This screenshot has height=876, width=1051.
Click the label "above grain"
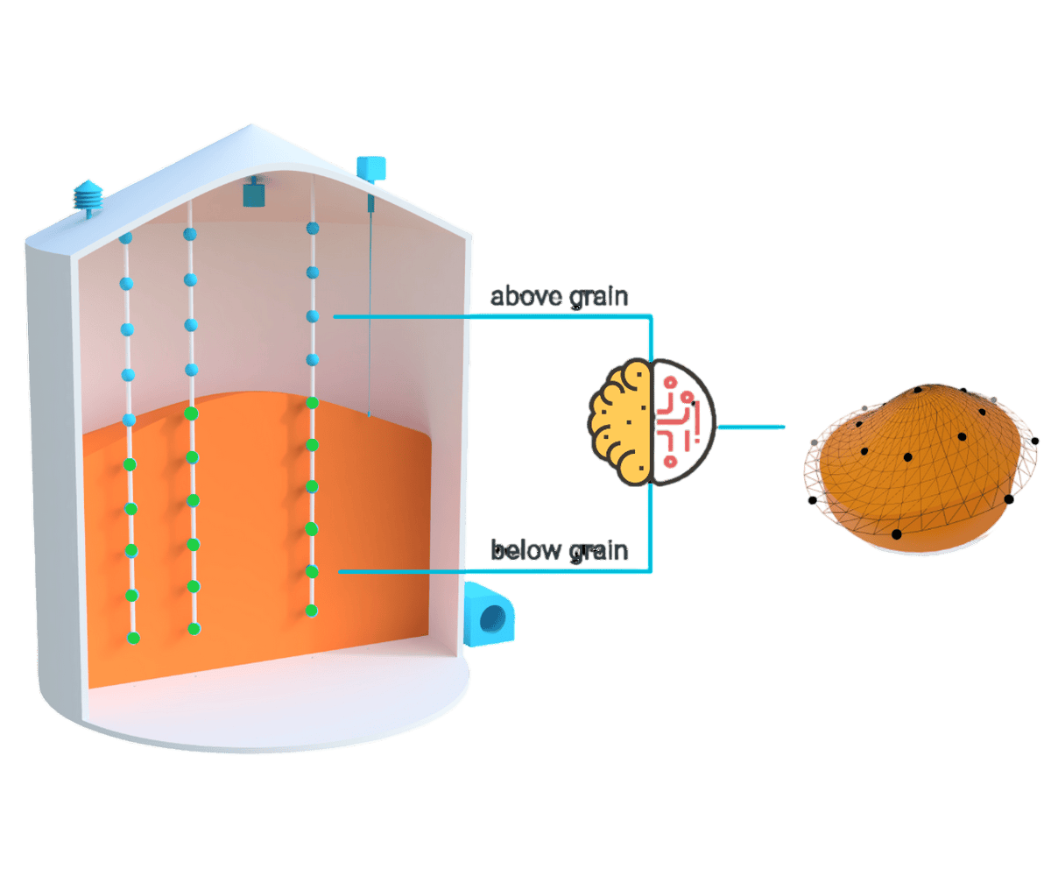[x=559, y=298]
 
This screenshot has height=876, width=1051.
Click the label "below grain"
[x=559, y=552]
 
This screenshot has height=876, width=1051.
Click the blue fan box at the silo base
[x=491, y=616]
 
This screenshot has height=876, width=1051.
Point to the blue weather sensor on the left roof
[x=88, y=194]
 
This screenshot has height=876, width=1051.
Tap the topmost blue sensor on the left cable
[x=125, y=238]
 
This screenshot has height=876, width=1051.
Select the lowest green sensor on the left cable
[x=133, y=637]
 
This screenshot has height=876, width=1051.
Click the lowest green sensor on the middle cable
[x=194, y=628]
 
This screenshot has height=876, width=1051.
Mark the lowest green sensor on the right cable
[x=311, y=611]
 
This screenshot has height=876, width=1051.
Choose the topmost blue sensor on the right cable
[x=311, y=229]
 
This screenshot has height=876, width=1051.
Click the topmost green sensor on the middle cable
[x=191, y=413]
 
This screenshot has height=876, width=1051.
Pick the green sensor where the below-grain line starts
[x=311, y=571]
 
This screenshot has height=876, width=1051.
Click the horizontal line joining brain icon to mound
[x=751, y=427]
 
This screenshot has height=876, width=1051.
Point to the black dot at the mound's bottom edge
[x=896, y=533]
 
